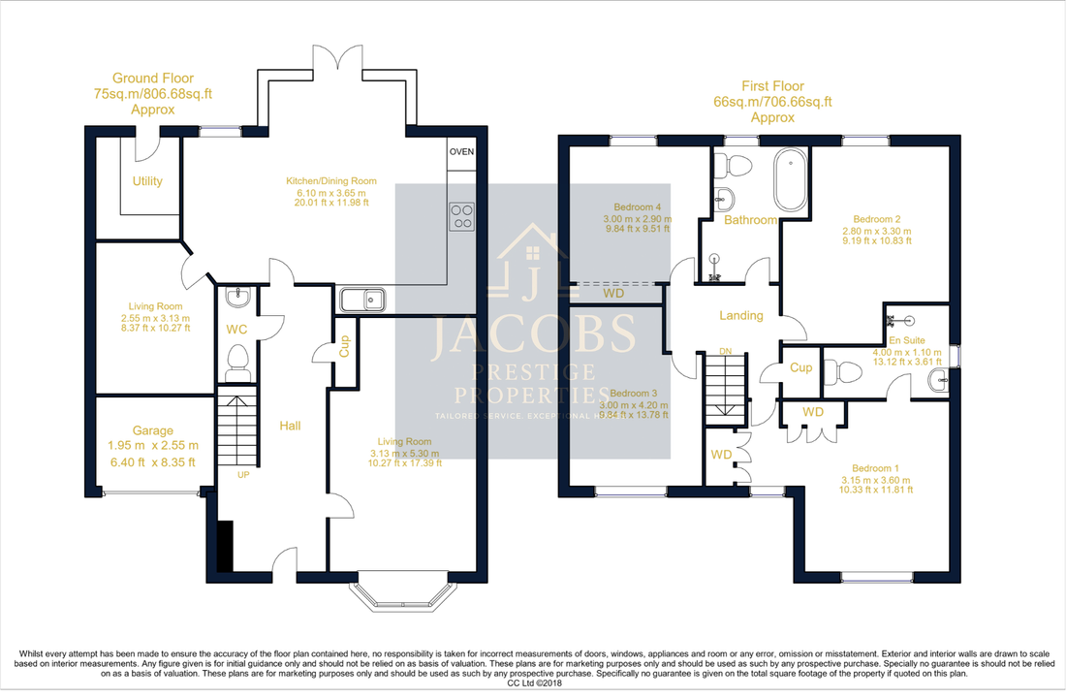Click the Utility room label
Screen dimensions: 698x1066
coord(147,181)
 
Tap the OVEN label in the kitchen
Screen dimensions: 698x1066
coord(461,151)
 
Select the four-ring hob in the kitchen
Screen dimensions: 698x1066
coord(461,216)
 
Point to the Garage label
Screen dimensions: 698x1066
coord(153,431)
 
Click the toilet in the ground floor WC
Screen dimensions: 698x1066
coord(237,365)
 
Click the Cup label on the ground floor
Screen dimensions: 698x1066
coord(344,347)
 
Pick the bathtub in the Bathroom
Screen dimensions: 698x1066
coord(789,181)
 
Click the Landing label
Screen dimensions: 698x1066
coord(740,315)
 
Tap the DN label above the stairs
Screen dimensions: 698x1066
coord(725,351)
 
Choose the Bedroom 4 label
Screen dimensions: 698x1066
coord(638,207)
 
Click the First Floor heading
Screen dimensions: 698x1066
coord(771,86)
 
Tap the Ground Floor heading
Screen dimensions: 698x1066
coord(153,79)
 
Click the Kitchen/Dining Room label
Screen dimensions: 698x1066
coord(330,181)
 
